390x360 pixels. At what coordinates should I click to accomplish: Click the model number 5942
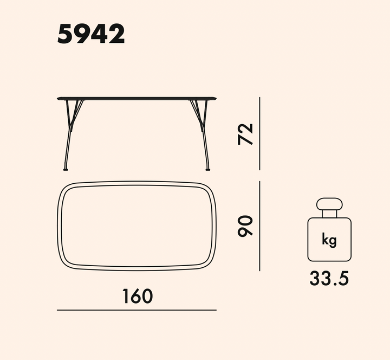coord(91,34)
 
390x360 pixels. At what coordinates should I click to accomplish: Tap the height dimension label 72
coord(245,134)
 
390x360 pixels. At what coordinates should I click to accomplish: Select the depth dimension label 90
coord(245,226)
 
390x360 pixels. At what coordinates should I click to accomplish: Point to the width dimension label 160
coord(138,296)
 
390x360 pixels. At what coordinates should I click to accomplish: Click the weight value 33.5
coord(329,278)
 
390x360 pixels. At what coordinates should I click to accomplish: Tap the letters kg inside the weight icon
coord(329,240)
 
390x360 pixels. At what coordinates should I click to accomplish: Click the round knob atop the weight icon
coord(329,204)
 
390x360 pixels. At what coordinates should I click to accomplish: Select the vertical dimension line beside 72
coord(259,134)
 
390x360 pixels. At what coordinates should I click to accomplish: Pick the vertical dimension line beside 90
coord(259,226)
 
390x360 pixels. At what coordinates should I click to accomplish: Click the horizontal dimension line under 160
coord(136,310)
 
